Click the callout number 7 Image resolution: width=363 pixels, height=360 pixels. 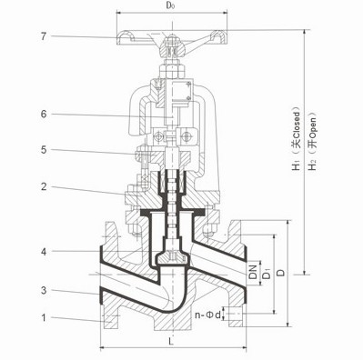44,36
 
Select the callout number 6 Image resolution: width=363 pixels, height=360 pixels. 44,115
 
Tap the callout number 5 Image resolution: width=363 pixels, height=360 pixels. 44,150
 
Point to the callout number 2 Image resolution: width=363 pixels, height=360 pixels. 44,186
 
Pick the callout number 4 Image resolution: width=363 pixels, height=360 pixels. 44,251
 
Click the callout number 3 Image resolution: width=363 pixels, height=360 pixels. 44,290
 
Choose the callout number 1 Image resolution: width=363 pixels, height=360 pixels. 44,317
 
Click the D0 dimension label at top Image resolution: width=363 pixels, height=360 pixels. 170,6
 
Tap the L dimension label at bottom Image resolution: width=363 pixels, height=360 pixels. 171,342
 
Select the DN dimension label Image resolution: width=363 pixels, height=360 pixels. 253,272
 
